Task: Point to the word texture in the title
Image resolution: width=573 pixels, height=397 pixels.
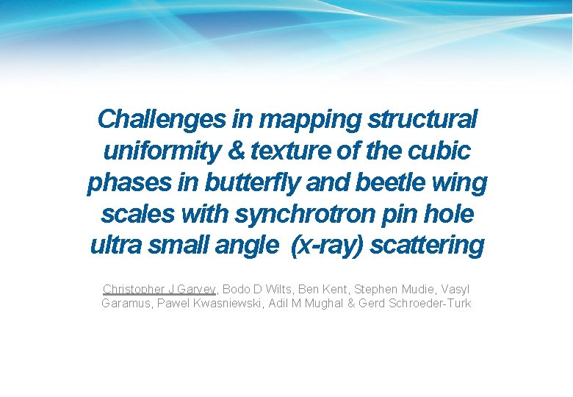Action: [287, 150]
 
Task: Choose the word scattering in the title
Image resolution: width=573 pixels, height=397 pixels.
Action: [428, 246]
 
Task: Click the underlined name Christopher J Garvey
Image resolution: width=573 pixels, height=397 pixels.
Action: [159, 289]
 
